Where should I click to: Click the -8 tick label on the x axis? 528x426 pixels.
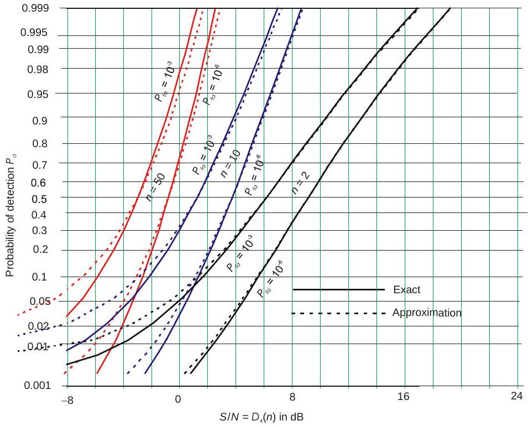pos(67,398)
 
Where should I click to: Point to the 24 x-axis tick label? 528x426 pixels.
pos(517,398)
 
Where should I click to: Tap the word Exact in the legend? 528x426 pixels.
pos(407,289)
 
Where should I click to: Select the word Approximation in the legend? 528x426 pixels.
pos(426,313)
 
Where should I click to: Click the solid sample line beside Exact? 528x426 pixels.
pos(338,289)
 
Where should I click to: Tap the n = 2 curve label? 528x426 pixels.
pos(300,182)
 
